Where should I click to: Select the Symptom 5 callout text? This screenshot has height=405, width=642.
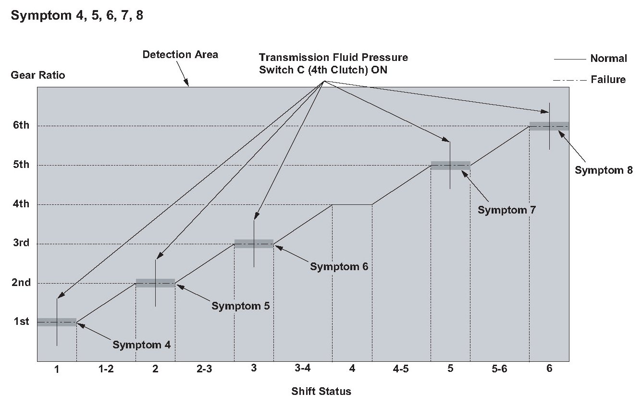(x=240, y=306)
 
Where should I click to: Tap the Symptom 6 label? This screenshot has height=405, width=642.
(x=339, y=266)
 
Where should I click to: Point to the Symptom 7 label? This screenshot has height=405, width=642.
(x=506, y=210)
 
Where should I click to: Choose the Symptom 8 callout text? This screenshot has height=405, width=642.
(x=604, y=170)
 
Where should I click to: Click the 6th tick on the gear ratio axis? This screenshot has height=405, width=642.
(x=21, y=126)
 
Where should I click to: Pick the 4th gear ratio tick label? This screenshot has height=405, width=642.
(x=21, y=204)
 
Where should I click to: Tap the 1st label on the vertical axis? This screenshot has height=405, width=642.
(x=21, y=322)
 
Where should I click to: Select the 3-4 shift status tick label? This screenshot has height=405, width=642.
(x=303, y=369)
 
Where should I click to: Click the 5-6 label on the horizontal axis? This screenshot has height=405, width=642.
(x=499, y=369)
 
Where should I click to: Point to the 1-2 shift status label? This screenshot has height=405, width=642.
(x=106, y=369)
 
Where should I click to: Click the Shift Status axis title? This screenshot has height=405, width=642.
(x=321, y=391)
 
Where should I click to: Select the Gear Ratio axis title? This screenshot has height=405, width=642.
(x=38, y=75)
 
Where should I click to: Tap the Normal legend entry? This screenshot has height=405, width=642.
(x=608, y=59)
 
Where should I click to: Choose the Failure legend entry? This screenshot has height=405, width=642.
(x=608, y=80)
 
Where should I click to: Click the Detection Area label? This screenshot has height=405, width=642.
(x=180, y=54)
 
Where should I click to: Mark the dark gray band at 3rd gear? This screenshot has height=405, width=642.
(x=254, y=244)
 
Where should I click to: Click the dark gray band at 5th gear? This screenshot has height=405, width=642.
(x=450, y=166)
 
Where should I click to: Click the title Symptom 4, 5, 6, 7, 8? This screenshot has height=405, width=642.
(x=77, y=15)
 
